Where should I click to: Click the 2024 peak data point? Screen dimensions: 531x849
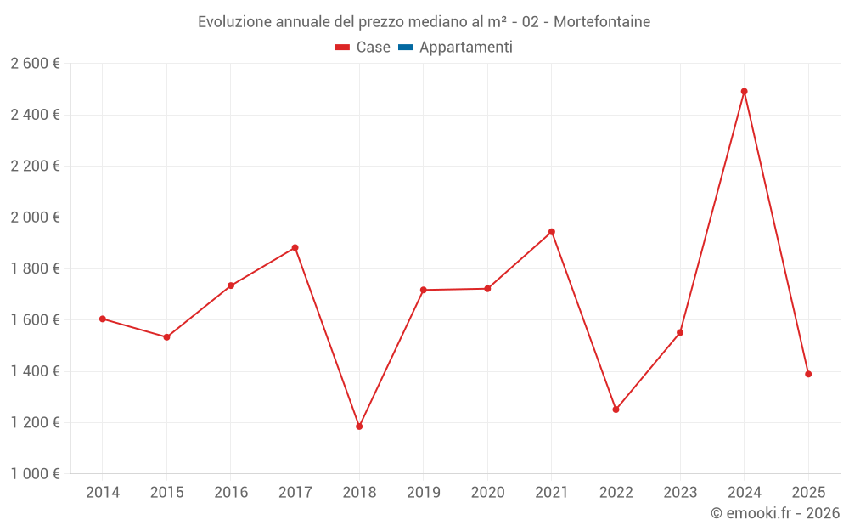click(744, 92)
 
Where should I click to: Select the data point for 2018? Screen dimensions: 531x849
click(359, 426)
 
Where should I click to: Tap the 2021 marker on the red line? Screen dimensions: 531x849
click(552, 232)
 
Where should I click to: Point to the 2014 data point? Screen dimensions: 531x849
click(103, 319)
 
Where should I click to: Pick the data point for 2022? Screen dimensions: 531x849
click(616, 410)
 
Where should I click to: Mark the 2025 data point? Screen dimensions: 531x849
click(808, 374)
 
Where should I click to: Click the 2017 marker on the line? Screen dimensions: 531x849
click(295, 248)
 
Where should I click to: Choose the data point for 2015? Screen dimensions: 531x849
click(166, 337)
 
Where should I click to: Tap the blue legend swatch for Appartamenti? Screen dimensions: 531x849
click(405, 48)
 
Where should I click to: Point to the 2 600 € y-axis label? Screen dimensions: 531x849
click(35, 64)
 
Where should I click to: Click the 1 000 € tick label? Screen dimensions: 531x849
click(35, 474)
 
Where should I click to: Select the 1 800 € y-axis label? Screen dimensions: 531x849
click(35, 268)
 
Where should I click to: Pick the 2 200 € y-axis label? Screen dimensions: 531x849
click(35, 166)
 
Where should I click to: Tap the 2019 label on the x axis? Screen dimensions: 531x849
click(423, 493)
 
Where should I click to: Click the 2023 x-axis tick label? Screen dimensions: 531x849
click(680, 493)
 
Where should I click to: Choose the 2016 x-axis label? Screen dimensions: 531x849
click(231, 493)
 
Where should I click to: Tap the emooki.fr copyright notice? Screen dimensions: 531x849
click(774, 513)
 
